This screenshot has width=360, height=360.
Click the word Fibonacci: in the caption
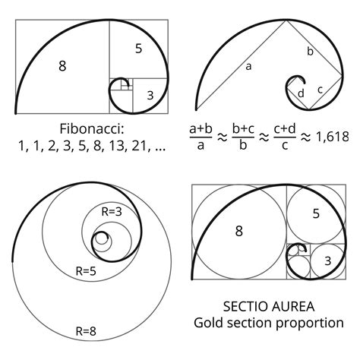[x=92, y=126]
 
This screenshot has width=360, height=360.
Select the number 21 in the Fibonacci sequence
[x=137, y=145]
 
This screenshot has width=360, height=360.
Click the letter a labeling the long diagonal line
[x=248, y=67]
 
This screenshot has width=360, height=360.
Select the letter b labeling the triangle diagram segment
[x=310, y=52]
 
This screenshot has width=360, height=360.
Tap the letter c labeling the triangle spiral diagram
[x=320, y=90]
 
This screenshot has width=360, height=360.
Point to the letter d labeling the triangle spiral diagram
[x=301, y=93]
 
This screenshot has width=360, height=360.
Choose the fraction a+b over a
[x=201, y=137]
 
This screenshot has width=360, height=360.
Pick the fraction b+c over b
[x=243, y=137]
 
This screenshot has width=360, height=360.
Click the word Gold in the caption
[x=210, y=324]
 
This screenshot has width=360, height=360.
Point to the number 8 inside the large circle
[x=238, y=231]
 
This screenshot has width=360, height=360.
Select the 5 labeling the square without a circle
[x=137, y=49]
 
